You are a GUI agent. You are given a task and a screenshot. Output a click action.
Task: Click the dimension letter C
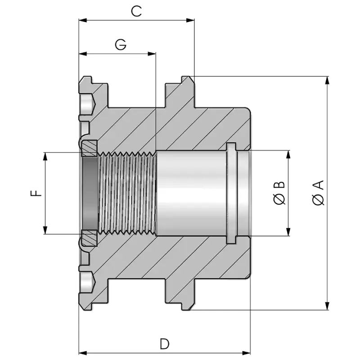point(136,11)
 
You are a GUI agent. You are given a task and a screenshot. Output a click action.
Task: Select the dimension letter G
point(121,45)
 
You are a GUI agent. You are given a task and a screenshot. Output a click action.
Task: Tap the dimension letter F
point(36,193)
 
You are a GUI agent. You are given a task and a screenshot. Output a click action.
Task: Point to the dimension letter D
point(165,344)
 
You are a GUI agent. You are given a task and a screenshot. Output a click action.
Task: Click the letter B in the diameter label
point(279,185)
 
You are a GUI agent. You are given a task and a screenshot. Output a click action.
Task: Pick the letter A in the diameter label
point(318,185)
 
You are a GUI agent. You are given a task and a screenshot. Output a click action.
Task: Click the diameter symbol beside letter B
point(279,199)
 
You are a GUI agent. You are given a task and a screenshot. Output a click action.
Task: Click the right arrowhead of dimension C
point(190,20)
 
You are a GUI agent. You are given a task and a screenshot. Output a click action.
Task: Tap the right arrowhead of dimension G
point(152,54)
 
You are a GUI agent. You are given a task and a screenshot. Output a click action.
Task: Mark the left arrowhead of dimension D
point(83,353)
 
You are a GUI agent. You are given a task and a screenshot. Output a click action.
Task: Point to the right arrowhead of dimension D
point(246,353)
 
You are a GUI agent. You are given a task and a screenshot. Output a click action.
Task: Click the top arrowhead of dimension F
point(45,156)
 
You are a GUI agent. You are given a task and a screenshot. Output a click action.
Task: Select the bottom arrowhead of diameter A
point(328,306)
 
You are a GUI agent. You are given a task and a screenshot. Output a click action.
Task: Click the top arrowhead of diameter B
point(288,154)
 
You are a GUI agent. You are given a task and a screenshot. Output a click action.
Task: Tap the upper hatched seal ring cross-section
point(90,148)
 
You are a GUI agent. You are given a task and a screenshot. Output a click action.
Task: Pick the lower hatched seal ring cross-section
point(90,238)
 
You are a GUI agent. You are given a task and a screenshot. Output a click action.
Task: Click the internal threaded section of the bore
point(127,193)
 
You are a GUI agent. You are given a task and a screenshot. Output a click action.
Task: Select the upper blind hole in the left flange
point(87,104)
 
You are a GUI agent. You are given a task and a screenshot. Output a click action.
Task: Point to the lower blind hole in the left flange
point(87,282)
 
